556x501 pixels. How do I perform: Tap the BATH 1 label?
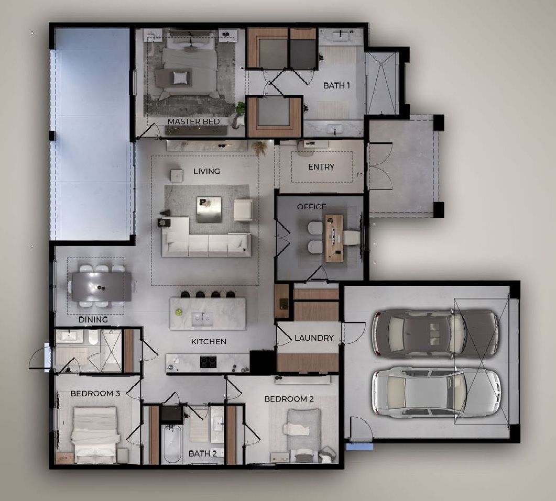(x=336, y=85)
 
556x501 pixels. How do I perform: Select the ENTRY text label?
(x=321, y=166)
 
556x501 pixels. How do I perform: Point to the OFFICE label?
(x=312, y=207)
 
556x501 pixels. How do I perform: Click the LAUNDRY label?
(x=314, y=338)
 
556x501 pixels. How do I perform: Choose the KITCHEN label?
(x=209, y=341)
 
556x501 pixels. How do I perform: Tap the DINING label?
(x=93, y=319)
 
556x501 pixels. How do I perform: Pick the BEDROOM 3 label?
(x=95, y=394)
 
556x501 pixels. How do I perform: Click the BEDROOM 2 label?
(x=289, y=399)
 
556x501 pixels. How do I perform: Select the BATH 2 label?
(x=203, y=454)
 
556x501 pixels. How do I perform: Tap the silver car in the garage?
(x=436, y=392)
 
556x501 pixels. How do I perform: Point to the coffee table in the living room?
(x=209, y=209)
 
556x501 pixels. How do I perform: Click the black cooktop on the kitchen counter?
(x=209, y=362)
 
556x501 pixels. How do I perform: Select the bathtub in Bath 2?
(x=172, y=444)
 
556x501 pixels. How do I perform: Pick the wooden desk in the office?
(x=334, y=238)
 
